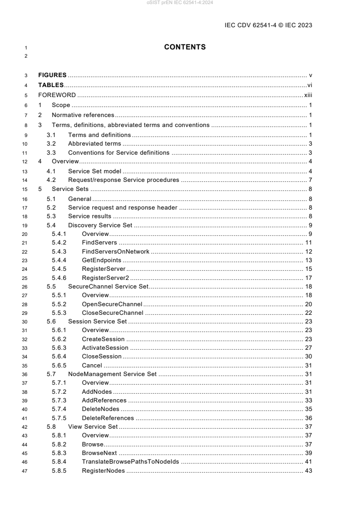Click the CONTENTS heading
tap(185, 47)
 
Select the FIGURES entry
tap(52, 75)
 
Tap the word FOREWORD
tap(57, 95)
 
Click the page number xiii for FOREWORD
tap(308, 95)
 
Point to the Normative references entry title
tap(83, 115)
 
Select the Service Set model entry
tap(95, 171)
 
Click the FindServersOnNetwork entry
tap(115, 252)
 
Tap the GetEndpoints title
tap(101, 260)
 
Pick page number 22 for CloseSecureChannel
tap(308, 313)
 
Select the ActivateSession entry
tap(105, 347)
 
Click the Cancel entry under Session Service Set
tap(92, 366)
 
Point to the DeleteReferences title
tap(108, 418)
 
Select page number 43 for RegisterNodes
tap(308, 470)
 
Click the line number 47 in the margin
tap(26, 470)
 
